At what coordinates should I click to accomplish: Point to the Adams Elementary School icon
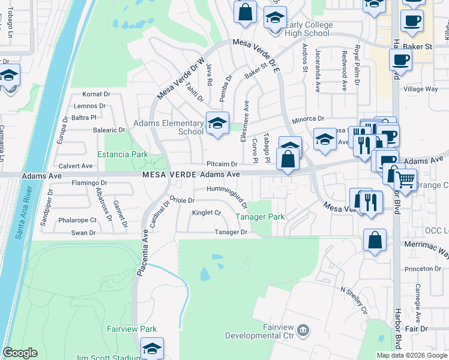(217, 124)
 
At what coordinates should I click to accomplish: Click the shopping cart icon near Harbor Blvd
(405, 178)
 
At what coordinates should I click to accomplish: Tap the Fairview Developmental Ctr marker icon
(304, 329)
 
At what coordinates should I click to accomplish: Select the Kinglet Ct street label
(206, 212)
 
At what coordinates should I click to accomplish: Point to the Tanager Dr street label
(232, 232)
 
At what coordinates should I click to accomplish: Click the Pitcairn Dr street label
(222, 163)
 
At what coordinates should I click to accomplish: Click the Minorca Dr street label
(308, 119)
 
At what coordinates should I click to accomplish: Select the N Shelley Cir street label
(354, 300)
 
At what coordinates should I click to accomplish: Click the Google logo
(20, 353)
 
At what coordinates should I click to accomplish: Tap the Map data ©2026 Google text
(411, 355)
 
